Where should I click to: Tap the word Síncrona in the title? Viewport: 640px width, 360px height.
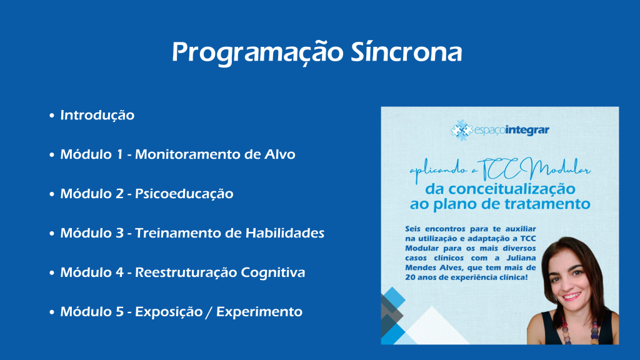coord(406,52)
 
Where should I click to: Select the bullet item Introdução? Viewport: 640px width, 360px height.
coord(97,116)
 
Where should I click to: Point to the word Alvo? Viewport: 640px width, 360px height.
coord(280,154)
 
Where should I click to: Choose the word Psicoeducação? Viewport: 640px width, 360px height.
coord(184,194)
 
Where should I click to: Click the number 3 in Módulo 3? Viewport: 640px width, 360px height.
coord(119,233)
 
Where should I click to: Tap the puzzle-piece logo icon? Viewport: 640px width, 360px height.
coord(462,130)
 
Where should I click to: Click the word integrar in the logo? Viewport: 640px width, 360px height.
coord(527,130)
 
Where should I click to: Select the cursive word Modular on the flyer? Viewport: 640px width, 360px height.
coord(560,168)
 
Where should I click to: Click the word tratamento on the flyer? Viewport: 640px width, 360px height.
coord(544,204)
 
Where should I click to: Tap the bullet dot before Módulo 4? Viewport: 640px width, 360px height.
coord(52,272)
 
